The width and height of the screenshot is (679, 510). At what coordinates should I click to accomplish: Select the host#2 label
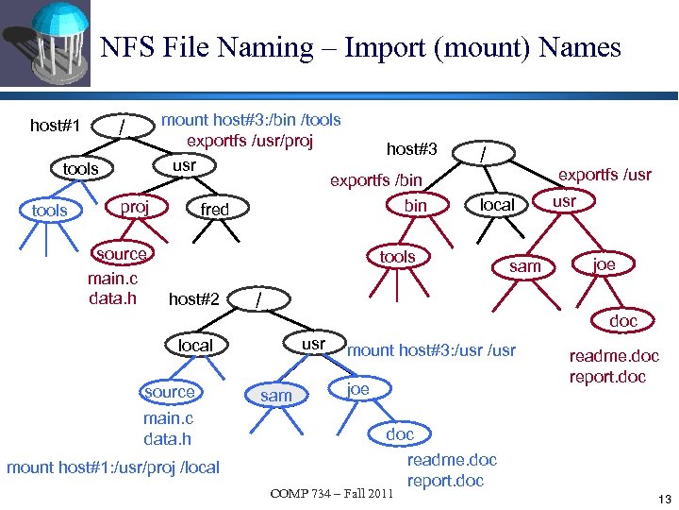[x=193, y=299]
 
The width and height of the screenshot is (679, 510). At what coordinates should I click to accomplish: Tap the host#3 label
[x=412, y=148]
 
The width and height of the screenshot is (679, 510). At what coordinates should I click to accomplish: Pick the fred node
[x=215, y=209]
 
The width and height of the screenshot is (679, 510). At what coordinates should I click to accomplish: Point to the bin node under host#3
[x=415, y=205]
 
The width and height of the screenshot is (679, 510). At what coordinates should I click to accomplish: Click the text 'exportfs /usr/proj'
[x=250, y=141]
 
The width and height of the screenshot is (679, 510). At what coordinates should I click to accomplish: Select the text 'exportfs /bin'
[x=375, y=179]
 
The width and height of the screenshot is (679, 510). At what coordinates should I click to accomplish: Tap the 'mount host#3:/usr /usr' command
[x=432, y=350]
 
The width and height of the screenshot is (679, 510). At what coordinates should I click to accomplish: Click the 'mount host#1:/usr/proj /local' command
[x=113, y=467]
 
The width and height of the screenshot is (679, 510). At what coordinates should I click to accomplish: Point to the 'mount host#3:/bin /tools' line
[x=252, y=120]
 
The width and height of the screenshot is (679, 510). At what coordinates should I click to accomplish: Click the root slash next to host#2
[x=259, y=299]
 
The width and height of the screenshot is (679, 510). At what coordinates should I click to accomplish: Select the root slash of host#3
[x=484, y=151]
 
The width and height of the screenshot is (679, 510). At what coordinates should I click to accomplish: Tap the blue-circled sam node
[x=275, y=396]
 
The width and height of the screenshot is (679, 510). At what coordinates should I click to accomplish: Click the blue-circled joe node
[x=357, y=388]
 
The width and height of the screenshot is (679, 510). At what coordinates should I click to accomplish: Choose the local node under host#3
[x=497, y=205]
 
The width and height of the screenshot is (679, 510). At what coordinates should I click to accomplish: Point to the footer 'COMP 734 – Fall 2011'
[x=331, y=493]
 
